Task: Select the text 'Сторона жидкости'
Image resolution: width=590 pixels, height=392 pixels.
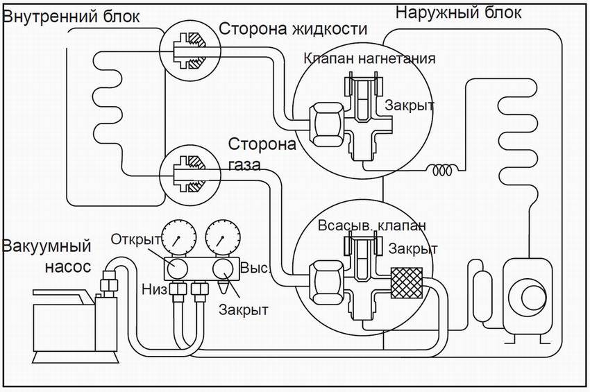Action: click(x=292, y=29)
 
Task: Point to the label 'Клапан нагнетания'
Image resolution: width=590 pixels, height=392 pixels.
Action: click(x=369, y=58)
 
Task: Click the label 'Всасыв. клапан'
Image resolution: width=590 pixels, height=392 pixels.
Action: click(x=371, y=226)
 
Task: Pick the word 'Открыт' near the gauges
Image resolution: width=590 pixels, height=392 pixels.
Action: click(x=136, y=239)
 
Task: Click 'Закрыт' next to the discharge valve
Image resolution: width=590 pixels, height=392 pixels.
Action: click(x=410, y=105)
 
